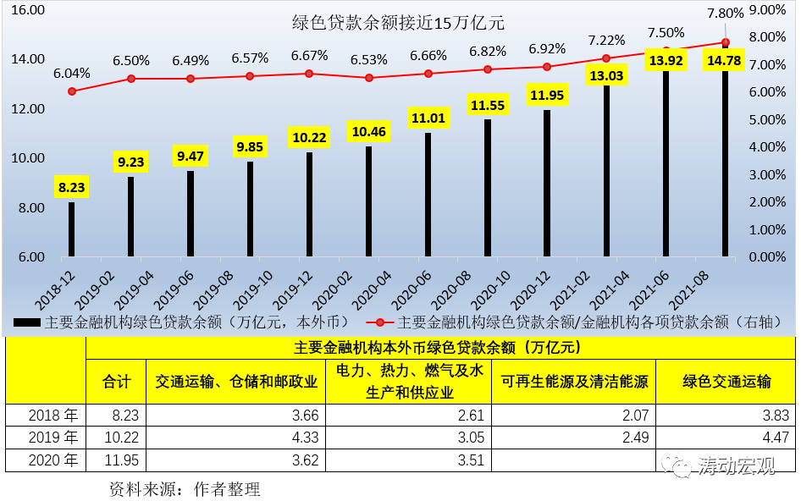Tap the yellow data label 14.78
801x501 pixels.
[x=725, y=60]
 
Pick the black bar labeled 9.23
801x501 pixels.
[x=131, y=216]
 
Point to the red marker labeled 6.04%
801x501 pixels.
[x=72, y=91]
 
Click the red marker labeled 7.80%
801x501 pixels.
[x=726, y=42]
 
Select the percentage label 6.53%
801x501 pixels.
[x=369, y=59]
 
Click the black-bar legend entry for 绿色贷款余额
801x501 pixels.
[x=182, y=322]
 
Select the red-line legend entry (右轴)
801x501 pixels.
[x=572, y=322]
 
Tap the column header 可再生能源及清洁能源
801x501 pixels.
[x=574, y=382]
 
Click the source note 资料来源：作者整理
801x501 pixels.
[x=185, y=488]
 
